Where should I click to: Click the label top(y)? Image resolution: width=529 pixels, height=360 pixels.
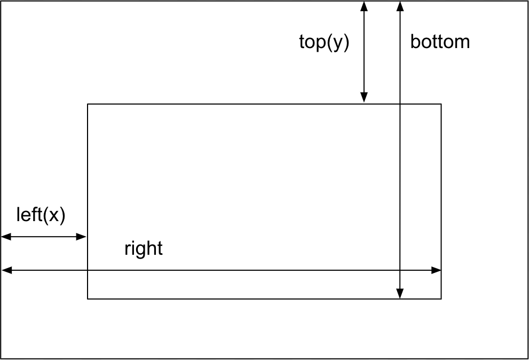tap(324, 42)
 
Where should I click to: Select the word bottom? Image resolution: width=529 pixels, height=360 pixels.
tap(440, 42)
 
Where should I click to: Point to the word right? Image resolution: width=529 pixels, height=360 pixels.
tap(143, 248)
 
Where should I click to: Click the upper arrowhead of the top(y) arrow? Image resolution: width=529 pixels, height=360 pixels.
tap(364, 6)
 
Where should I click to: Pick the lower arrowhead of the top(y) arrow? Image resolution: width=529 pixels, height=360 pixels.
tap(364, 97)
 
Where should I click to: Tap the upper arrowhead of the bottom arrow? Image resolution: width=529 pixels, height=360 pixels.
tap(400, 6)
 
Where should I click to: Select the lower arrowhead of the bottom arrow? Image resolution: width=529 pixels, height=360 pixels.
tap(400, 293)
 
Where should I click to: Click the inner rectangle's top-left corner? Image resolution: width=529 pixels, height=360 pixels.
tap(88, 104)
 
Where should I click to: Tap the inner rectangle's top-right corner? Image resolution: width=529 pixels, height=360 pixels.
tap(441, 104)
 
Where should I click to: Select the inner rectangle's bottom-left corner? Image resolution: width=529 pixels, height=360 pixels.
tap(88, 299)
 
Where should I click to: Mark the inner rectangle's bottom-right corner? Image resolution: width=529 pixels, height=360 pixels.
tap(441, 299)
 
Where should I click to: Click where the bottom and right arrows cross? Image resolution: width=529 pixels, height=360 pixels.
tap(400, 270)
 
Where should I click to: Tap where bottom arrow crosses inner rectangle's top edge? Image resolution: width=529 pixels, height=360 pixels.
tap(400, 104)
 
